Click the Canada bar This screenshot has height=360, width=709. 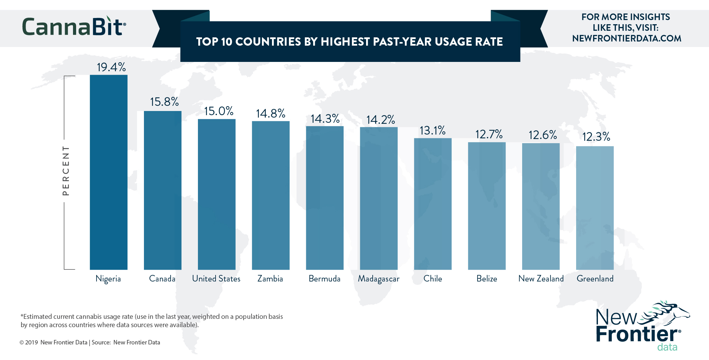point(163,190)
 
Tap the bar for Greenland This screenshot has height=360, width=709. point(595,208)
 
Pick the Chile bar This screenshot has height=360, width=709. point(433,204)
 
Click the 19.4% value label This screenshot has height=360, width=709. point(111,67)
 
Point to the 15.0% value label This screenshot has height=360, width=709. point(219,111)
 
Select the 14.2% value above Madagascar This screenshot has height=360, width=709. point(381,120)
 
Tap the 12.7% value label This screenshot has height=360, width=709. point(489,134)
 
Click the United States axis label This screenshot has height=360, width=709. point(216,279)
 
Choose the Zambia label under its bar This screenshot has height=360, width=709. point(270,279)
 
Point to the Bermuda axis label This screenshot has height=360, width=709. point(325,279)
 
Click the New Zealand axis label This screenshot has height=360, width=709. point(541,279)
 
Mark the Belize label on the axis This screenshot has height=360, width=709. point(487,279)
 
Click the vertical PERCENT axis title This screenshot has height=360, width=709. point(66,170)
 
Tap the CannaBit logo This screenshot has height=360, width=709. point(74,27)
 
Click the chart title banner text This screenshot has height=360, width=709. point(349,42)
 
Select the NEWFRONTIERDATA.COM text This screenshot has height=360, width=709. point(627,38)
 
